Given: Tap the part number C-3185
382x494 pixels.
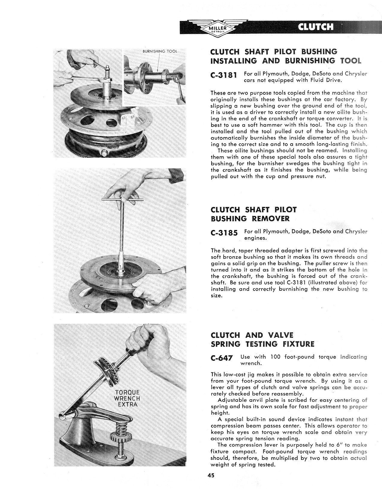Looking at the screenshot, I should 224,233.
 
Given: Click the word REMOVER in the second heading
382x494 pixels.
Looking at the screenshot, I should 271,219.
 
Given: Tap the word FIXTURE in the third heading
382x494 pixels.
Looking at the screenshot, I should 299,344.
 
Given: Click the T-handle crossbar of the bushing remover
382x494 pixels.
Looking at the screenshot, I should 123,200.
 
